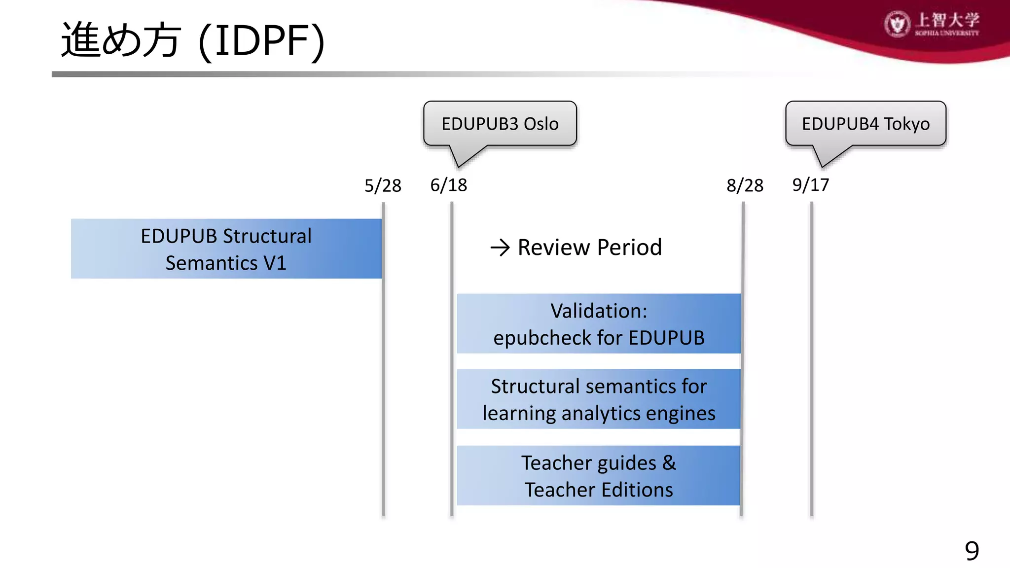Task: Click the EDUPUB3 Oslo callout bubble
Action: [x=500, y=123]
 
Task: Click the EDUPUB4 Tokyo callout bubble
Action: [x=866, y=123]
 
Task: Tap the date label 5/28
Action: [x=383, y=186]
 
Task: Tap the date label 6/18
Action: [x=448, y=185]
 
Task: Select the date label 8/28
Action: [x=745, y=186]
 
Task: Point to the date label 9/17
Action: [x=810, y=185]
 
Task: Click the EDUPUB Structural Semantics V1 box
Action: [x=226, y=249]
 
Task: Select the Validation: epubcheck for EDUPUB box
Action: [x=599, y=324]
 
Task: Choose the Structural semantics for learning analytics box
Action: [x=599, y=399]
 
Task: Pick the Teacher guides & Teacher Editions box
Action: [x=599, y=476]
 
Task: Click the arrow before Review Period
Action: [x=500, y=248]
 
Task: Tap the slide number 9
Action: [x=972, y=551]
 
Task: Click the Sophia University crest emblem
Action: [x=897, y=24]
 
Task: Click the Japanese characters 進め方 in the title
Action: [x=121, y=40]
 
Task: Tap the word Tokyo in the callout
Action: [x=906, y=124]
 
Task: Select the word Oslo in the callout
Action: [x=541, y=124]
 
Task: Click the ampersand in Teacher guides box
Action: [x=669, y=463]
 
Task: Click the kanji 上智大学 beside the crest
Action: [x=947, y=20]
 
